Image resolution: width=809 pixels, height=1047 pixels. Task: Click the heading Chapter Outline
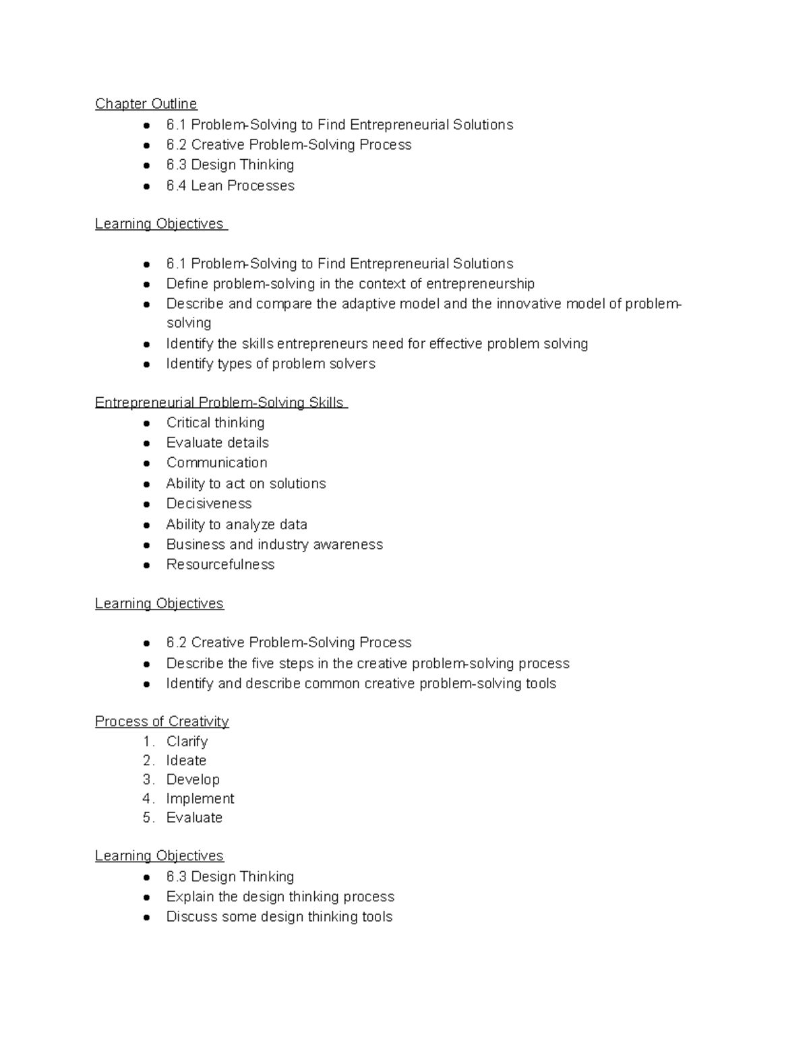tap(146, 104)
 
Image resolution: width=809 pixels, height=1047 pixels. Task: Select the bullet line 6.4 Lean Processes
tap(230, 185)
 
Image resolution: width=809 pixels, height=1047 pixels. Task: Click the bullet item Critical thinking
tap(215, 423)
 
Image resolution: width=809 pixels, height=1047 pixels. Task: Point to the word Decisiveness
tap(209, 504)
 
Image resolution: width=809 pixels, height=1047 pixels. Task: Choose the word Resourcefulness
tap(220, 564)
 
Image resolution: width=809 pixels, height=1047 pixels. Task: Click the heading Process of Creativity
tap(162, 721)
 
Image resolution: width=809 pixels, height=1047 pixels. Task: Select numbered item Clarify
tap(187, 742)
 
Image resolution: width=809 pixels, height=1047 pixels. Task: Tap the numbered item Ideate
tap(186, 760)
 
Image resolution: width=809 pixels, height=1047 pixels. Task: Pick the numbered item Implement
tap(200, 798)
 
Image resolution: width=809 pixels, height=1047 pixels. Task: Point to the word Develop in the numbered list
tap(193, 779)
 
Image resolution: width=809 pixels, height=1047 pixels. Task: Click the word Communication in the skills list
tap(216, 462)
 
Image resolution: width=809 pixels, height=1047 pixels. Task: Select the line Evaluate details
tap(217, 442)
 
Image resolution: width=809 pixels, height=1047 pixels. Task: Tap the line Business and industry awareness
tap(274, 544)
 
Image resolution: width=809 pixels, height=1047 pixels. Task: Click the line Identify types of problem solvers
tap(270, 363)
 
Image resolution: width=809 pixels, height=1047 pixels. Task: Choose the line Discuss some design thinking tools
tap(279, 916)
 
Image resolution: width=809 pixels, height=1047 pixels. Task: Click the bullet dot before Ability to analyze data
tap(146, 525)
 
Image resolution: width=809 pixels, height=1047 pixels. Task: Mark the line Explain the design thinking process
tap(280, 897)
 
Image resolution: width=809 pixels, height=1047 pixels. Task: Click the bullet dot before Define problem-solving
tap(146, 284)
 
